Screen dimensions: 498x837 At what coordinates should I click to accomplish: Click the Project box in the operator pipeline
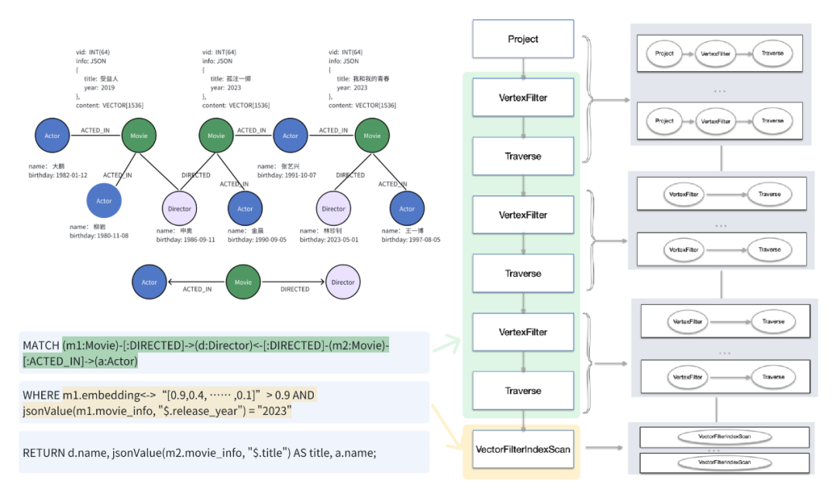pos(523,39)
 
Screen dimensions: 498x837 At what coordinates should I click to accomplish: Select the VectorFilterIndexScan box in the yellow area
pos(523,448)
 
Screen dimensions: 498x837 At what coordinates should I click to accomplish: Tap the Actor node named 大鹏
pos(52,136)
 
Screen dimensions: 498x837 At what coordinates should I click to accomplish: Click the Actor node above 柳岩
pos(104,201)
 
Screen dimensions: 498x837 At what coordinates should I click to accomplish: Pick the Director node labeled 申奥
pos(180,208)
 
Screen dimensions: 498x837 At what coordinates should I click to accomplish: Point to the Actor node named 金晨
pos(245,208)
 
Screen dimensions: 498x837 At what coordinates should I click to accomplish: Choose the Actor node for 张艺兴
pos(291,136)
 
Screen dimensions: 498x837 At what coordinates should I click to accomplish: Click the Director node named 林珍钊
pos(333,208)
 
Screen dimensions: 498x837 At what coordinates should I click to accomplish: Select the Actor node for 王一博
pos(408,208)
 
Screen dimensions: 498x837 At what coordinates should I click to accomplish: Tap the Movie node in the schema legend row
pos(243,282)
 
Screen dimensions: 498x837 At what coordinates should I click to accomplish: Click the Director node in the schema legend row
pos(343,282)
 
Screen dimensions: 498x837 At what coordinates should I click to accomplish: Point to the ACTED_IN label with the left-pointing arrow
pos(197,289)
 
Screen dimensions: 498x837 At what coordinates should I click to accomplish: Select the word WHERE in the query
pos(40,395)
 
